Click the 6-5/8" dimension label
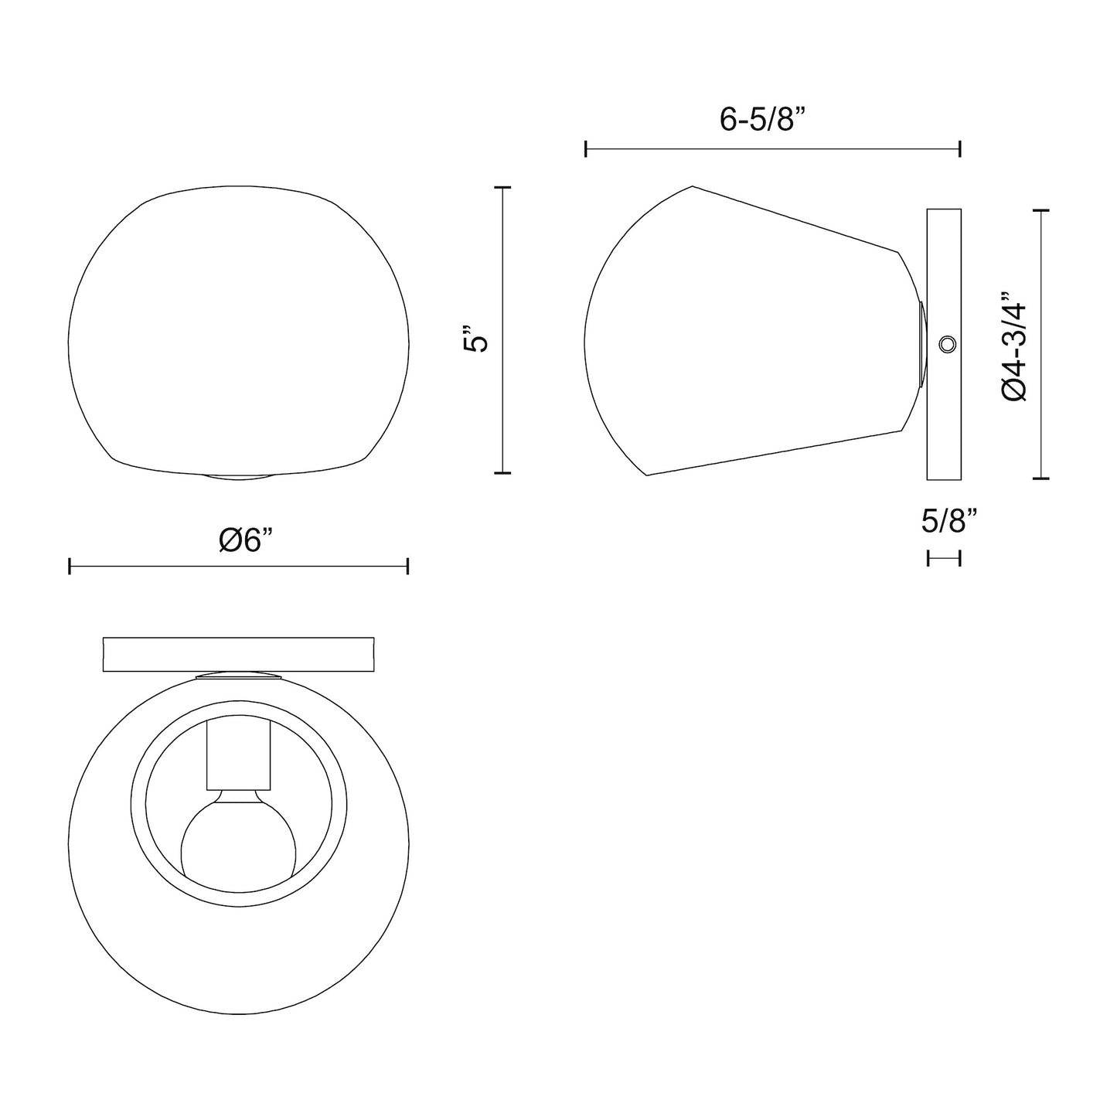pyautogui.click(x=762, y=120)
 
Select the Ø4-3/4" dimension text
pyautogui.click(x=1014, y=346)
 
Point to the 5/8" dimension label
pyautogui.click(x=949, y=522)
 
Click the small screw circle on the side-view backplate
pyautogui.click(x=946, y=345)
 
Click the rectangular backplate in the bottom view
pyautogui.click(x=238, y=654)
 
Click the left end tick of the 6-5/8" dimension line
pyautogui.click(x=587, y=149)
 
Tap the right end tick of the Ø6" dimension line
pyautogui.click(x=407, y=567)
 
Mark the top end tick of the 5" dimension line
pyautogui.click(x=502, y=188)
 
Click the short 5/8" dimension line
pyautogui.click(x=944, y=557)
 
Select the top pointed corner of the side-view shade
pyautogui.click(x=692, y=187)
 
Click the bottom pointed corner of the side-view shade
pyautogui.click(x=646, y=475)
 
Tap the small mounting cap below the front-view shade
pyautogui.click(x=238, y=475)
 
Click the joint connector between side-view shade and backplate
pyautogui.click(x=921, y=344)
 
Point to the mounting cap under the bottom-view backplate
pyautogui.click(x=238, y=676)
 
